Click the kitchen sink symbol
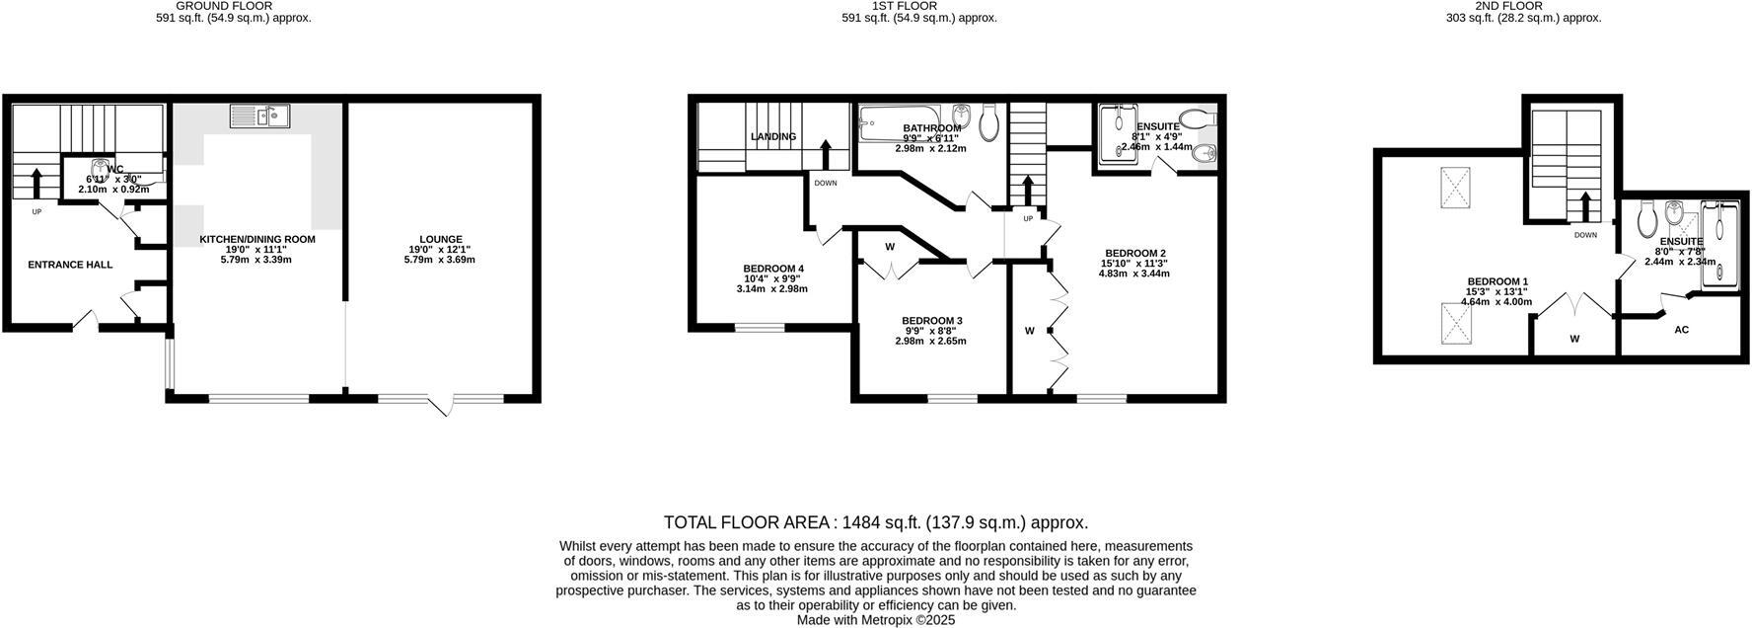(x=259, y=117)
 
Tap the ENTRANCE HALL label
(x=69, y=265)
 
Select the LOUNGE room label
(x=440, y=239)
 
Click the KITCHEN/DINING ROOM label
(x=257, y=239)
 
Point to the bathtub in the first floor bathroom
(x=902, y=122)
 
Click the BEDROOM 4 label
(x=772, y=269)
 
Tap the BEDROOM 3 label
(x=931, y=321)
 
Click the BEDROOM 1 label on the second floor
(x=1496, y=281)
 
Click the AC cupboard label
(x=1681, y=330)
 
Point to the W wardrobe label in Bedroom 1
(x=1574, y=339)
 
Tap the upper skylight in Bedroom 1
(x=1456, y=187)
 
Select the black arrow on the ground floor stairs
(x=36, y=183)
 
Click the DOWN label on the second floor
(x=1585, y=235)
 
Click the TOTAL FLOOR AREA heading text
(x=875, y=522)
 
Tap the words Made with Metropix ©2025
(x=875, y=620)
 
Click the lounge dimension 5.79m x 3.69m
(x=440, y=260)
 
